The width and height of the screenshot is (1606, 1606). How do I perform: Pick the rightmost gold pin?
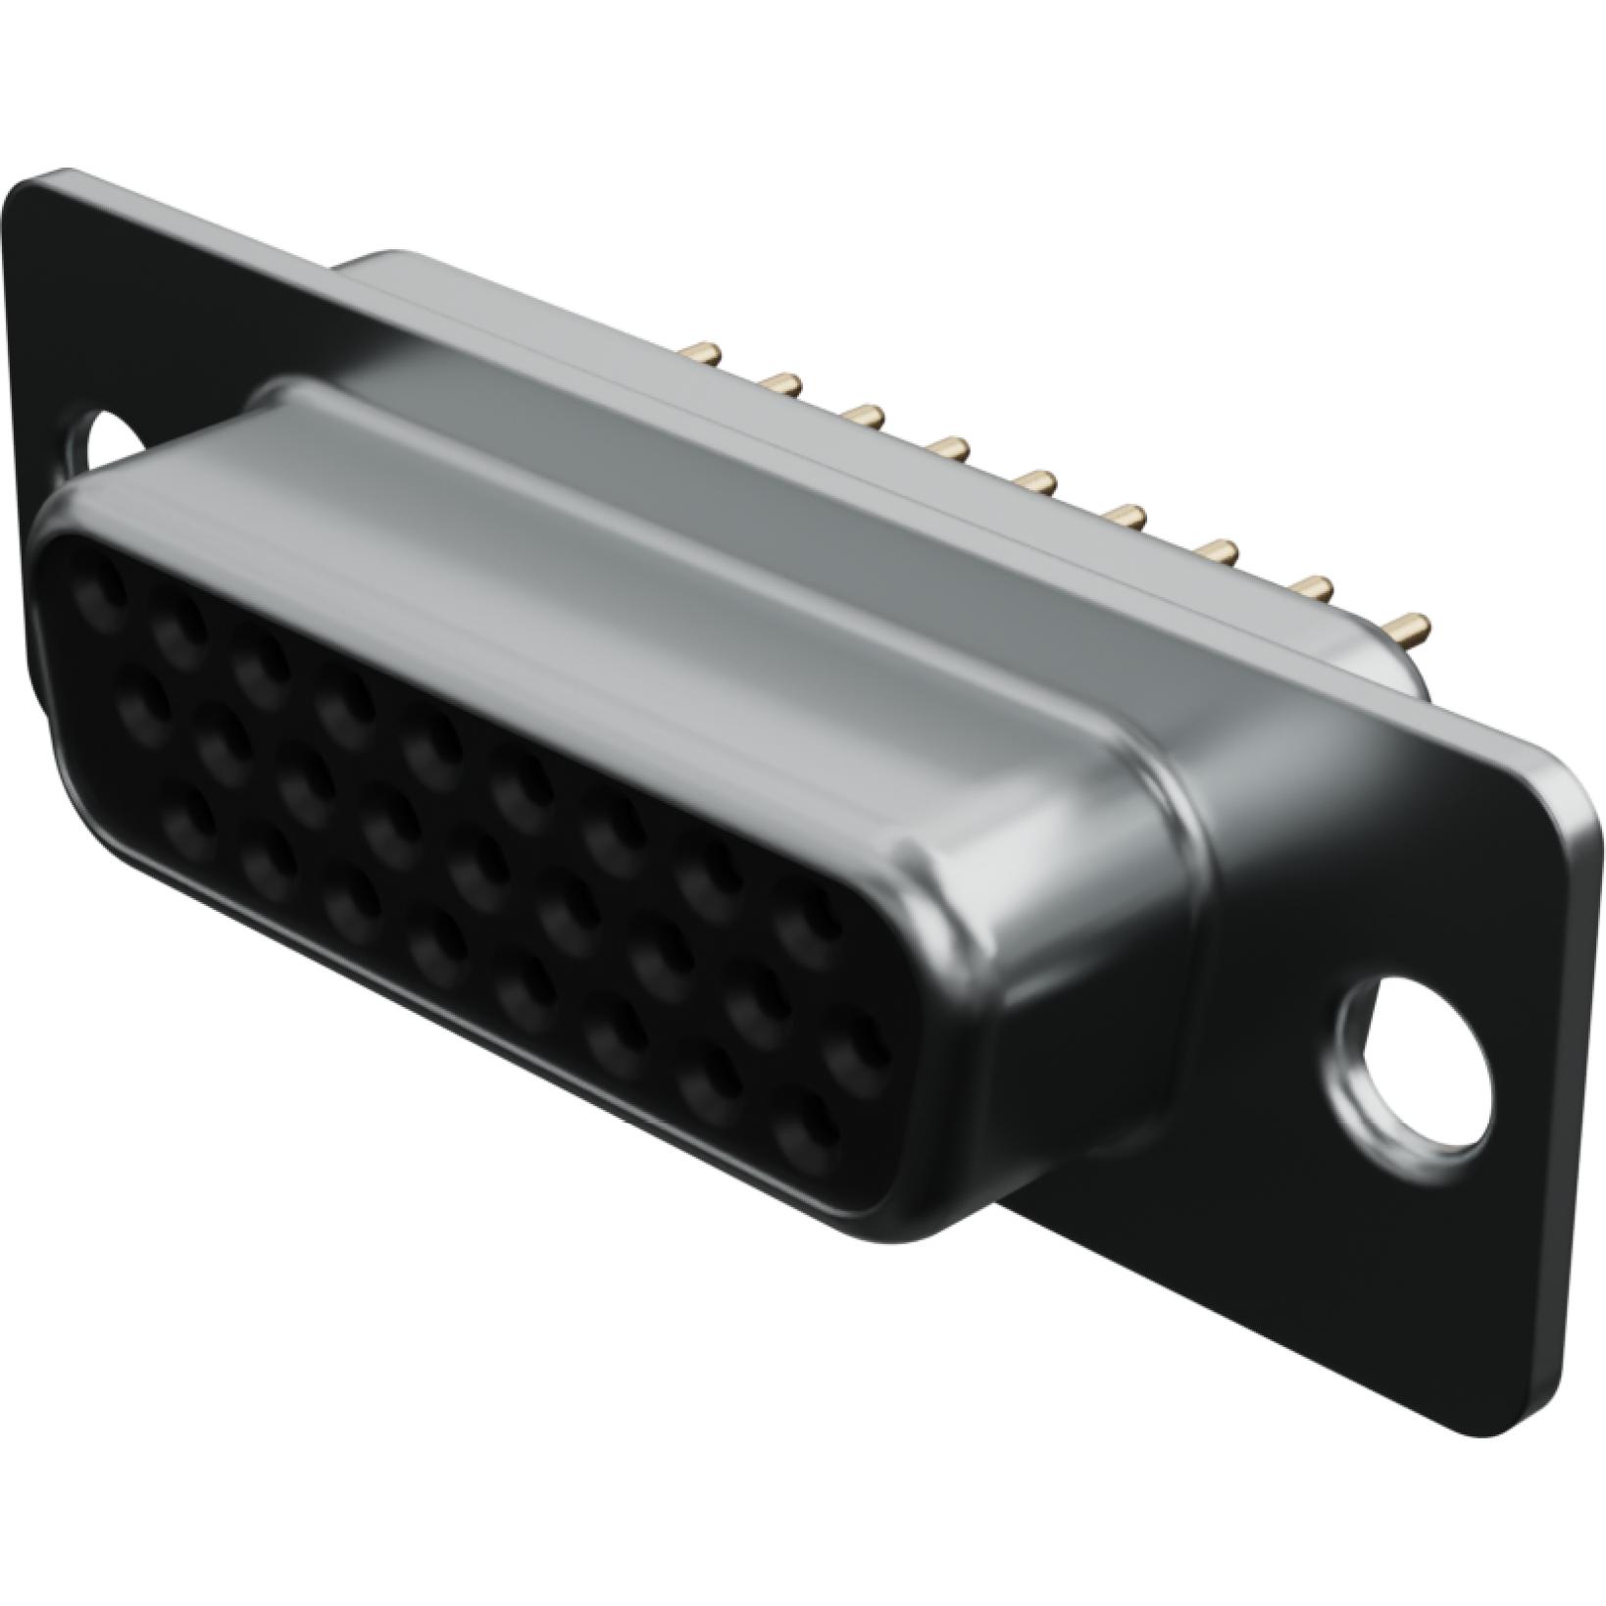click(1410, 624)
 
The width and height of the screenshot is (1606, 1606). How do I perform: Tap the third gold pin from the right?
click(1222, 551)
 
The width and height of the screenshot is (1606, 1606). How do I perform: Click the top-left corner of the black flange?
click(29, 176)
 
